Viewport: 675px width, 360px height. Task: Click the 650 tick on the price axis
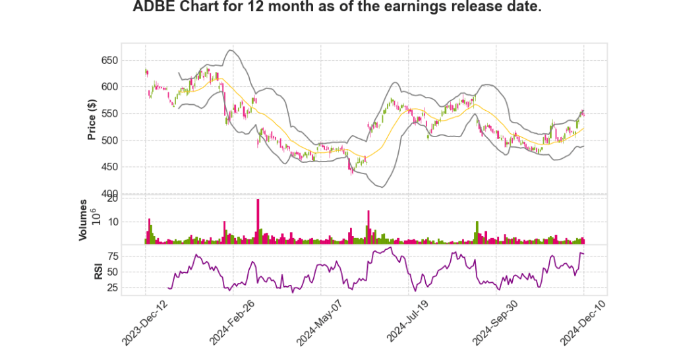click(x=109, y=60)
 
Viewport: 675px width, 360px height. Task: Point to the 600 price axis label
click(x=109, y=86)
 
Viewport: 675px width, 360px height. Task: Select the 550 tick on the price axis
click(x=109, y=113)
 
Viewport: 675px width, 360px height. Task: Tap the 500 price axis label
click(x=109, y=140)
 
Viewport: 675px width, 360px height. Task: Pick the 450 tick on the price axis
click(x=109, y=167)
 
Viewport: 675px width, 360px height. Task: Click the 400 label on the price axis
click(x=109, y=193)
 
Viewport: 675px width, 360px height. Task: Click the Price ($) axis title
click(x=92, y=119)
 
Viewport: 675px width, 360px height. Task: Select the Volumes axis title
click(x=83, y=221)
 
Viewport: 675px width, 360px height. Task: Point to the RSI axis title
click(x=98, y=272)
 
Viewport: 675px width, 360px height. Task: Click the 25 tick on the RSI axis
click(x=112, y=287)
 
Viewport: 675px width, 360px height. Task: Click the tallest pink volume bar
click(x=258, y=222)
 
